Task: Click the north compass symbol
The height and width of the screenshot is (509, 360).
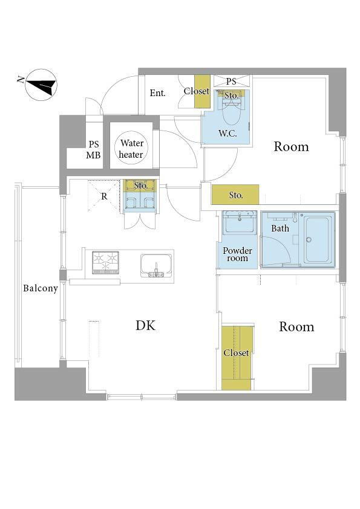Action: (x=41, y=85)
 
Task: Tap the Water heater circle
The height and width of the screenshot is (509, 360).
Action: (x=131, y=149)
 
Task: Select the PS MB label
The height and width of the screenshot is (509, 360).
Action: (x=94, y=150)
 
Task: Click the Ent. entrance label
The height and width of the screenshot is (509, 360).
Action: (x=158, y=93)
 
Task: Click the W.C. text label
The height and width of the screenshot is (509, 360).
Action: (x=227, y=133)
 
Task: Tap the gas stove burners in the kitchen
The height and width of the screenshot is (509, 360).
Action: (x=105, y=262)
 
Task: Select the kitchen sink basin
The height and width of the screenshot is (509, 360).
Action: (x=156, y=265)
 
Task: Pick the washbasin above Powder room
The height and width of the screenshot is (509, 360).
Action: (x=240, y=222)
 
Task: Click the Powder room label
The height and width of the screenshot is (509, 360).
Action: (x=238, y=254)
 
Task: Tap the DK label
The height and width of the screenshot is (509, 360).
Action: (x=146, y=325)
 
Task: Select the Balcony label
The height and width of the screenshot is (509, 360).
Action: (x=41, y=288)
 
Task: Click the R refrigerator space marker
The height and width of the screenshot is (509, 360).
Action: (x=104, y=196)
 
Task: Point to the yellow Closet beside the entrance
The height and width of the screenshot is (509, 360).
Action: (x=202, y=91)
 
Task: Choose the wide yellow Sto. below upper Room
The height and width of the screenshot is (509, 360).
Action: (x=235, y=195)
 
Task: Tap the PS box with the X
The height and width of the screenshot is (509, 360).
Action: (x=232, y=82)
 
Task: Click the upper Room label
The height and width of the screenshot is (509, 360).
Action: (x=291, y=147)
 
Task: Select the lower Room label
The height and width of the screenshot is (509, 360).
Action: (x=296, y=327)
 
